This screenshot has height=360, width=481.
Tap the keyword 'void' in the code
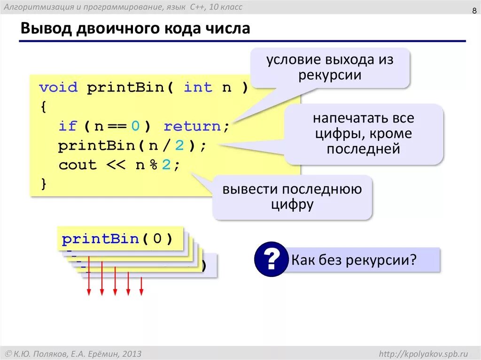tap(58, 87)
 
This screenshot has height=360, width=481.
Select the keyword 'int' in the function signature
tap(198, 87)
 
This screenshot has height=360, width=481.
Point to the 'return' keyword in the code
tap(192, 126)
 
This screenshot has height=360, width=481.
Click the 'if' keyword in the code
tap(67, 126)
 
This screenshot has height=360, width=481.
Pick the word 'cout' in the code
tap(78, 165)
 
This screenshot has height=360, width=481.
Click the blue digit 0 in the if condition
tap(136, 126)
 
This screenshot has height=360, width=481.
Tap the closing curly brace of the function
tap(44, 184)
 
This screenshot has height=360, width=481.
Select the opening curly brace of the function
tap(44, 107)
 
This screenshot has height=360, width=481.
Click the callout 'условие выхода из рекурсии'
tap(330, 68)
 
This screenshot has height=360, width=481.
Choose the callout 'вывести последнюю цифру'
tap(292, 197)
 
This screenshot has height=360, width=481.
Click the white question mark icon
tap(271, 260)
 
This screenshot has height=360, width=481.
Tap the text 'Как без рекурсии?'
tap(354, 260)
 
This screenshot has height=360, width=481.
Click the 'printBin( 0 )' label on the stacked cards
tap(117, 239)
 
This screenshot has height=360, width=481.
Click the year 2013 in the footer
tap(132, 353)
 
